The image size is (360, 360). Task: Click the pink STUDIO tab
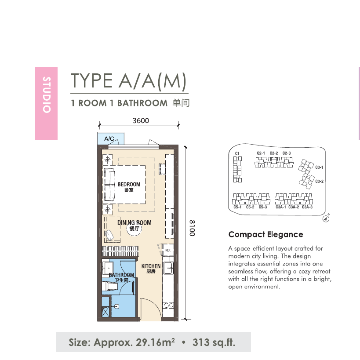tap(46, 103)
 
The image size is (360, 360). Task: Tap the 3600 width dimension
tap(141, 120)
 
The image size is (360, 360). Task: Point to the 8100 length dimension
tap(192, 228)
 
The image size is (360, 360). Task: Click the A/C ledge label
tap(109, 138)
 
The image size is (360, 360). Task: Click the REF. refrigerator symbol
tap(168, 250)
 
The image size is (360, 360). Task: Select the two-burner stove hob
tap(168, 305)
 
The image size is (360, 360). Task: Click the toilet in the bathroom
tap(110, 287)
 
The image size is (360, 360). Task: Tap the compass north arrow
tap(326, 218)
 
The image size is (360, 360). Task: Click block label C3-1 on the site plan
tap(319, 167)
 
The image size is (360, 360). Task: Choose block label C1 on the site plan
tap(237, 153)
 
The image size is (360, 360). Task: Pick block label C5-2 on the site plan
tap(250, 207)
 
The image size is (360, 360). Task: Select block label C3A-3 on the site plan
tap(307, 207)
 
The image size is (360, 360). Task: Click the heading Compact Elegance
tap(265, 234)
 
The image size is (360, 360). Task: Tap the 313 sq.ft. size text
tap(214, 342)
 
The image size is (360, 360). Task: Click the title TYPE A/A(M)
tap(128, 81)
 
